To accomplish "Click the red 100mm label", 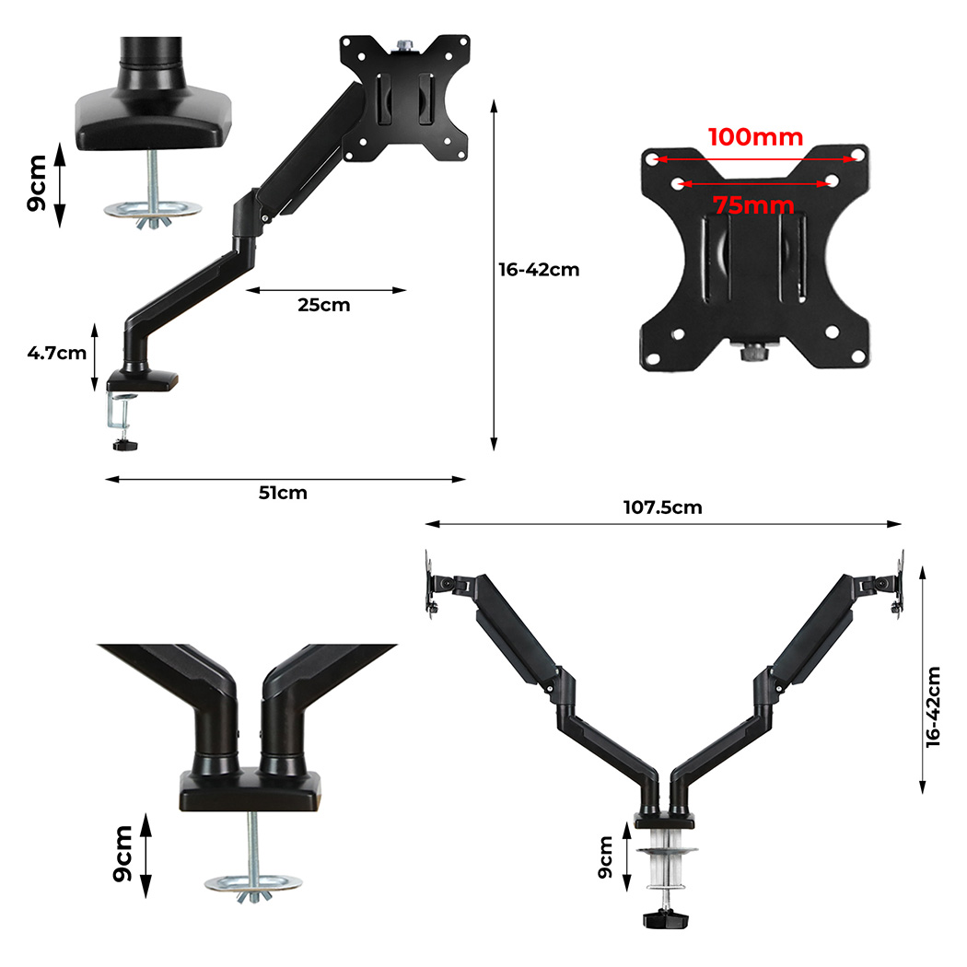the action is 755,137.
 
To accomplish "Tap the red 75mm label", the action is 753,205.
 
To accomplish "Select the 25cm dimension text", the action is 324,305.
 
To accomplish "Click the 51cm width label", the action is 283,493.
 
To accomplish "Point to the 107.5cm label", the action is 662,507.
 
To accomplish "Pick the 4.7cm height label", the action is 57,353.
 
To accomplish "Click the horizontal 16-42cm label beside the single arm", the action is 539,270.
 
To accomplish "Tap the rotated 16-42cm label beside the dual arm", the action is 933,706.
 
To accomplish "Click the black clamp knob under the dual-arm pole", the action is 666,919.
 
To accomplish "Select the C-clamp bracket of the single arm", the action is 119,412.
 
